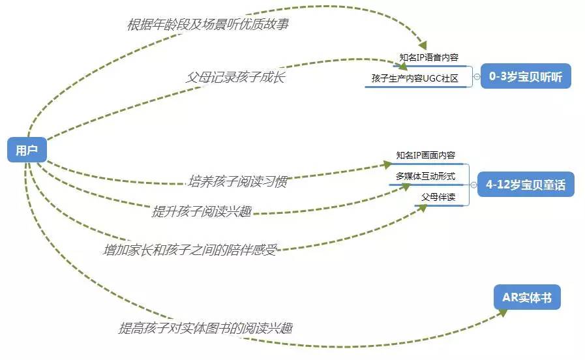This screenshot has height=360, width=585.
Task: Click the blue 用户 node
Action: (27, 150)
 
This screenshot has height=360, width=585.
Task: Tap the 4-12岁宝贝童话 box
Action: (526, 185)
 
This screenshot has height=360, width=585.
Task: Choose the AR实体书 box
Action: (527, 298)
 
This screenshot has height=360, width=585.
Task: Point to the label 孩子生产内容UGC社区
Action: (415, 79)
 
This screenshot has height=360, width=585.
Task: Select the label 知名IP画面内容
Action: (425, 156)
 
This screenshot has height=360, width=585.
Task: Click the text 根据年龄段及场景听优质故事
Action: (207, 25)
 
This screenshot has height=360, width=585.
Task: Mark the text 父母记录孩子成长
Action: (235, 76)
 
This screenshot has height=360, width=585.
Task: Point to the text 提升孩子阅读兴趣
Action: (202, 211)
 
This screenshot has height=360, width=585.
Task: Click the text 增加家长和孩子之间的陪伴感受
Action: (190, 249)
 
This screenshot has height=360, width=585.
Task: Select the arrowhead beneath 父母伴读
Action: (423, 207)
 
